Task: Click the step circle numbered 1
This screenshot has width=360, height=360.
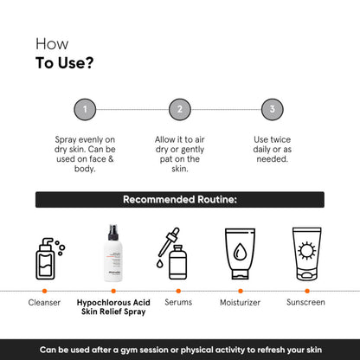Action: click(85, 110)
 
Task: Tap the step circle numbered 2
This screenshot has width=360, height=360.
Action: click(180, 110)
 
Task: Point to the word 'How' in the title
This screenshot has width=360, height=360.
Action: click(49, 42)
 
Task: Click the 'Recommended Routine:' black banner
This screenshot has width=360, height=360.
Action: click(180, 200)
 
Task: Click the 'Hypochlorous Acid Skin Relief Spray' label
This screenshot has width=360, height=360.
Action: click(113, 308)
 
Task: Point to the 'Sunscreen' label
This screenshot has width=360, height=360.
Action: click(305, 303)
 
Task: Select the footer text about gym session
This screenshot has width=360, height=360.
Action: click(180, 349)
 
